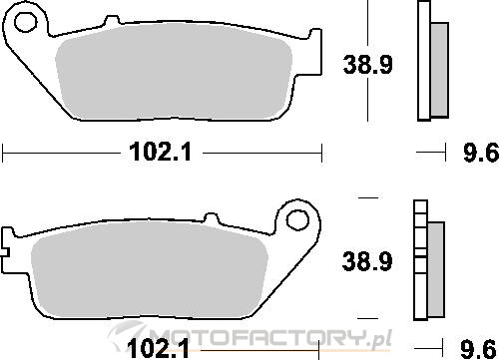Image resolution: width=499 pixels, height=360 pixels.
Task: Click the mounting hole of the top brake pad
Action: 25,22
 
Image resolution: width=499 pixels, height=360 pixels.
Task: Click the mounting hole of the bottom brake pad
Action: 297,220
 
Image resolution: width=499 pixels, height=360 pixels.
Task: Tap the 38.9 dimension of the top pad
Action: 367,64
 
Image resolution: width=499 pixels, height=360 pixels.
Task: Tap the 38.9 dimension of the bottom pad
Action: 367,261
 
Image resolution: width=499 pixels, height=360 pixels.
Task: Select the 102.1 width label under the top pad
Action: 161,153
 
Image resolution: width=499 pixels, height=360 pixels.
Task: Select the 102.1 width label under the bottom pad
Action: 158,348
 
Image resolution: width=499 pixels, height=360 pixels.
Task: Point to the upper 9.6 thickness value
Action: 481,153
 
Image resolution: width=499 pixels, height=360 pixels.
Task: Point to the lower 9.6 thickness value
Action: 478,349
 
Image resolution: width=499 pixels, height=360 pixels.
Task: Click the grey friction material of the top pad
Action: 174,72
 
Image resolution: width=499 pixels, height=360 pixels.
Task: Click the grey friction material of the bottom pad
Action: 150,269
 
